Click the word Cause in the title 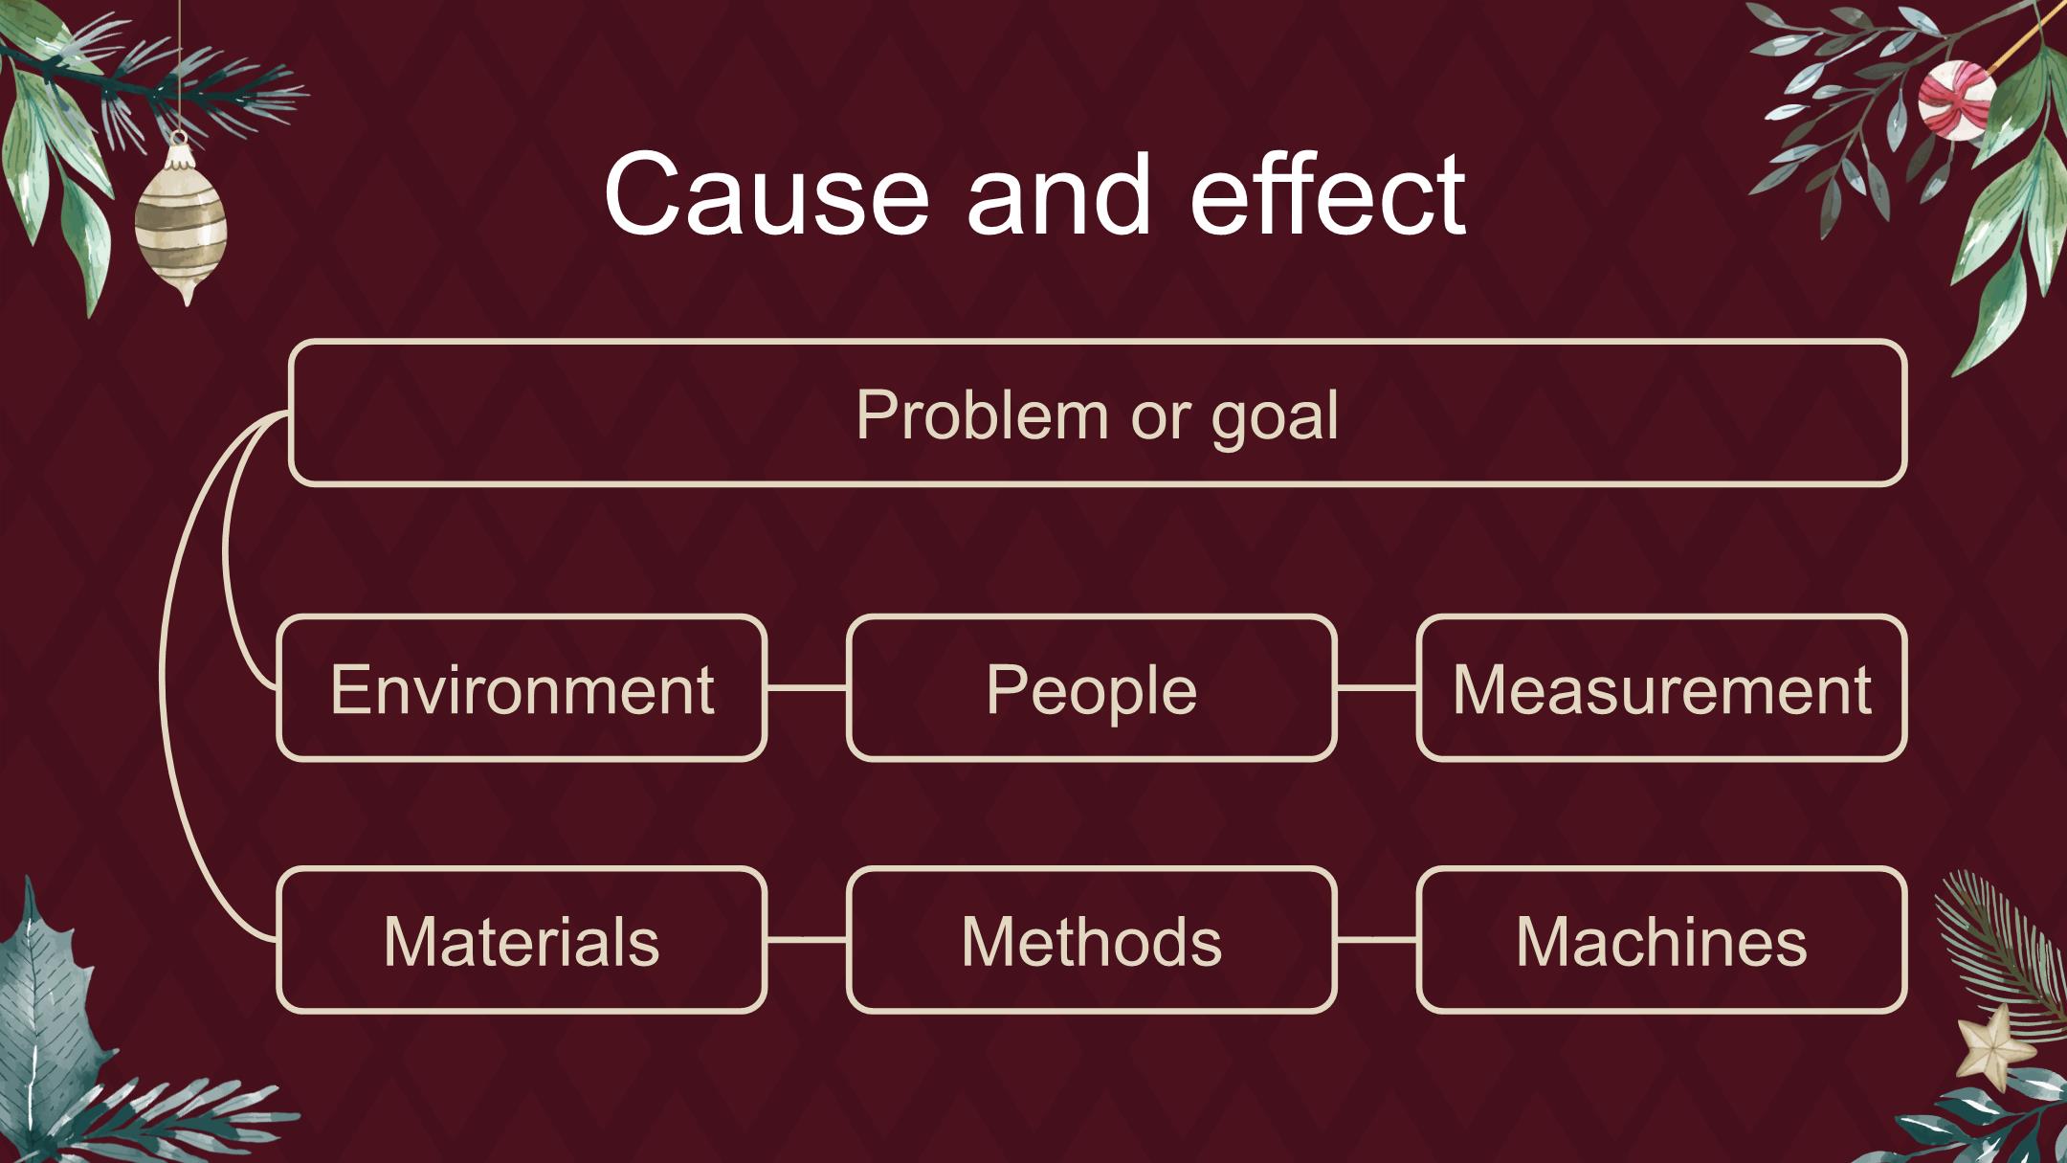coord(767,194)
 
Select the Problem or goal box coord(1098,413)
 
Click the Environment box coord(522,688)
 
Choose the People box coord(1091,688)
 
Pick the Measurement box coord(1661,688)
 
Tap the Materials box coord(522,940)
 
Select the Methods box coord(1091,940)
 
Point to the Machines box coord(1661,940)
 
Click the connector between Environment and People coord(807,687)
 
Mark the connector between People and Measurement coord(1376,687)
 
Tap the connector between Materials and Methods coord(807,940)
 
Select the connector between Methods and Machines coord(1376,940)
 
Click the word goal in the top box coord(1275,417)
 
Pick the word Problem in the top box coord(982,414)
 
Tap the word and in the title coord(1058,194)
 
